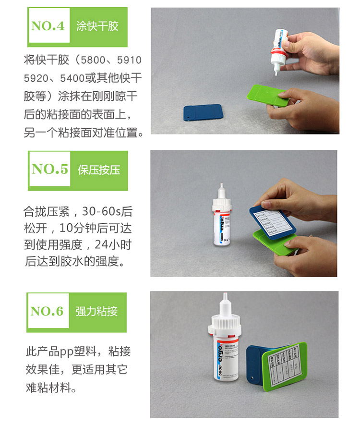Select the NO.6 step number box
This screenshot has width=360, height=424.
48,312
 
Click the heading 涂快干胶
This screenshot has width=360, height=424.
97,26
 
